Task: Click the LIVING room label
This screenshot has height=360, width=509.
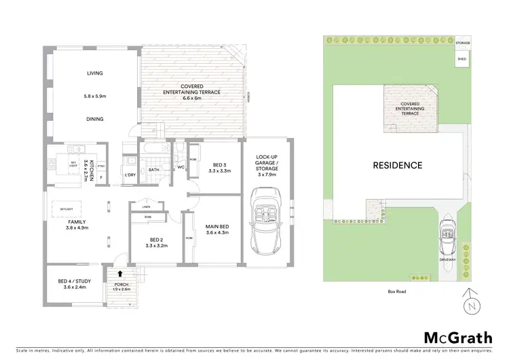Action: click(94, 73)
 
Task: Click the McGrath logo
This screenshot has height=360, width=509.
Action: click(455, 338)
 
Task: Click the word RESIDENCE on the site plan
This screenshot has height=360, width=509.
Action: click(397, 165)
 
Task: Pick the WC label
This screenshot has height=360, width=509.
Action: click(180, 167)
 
